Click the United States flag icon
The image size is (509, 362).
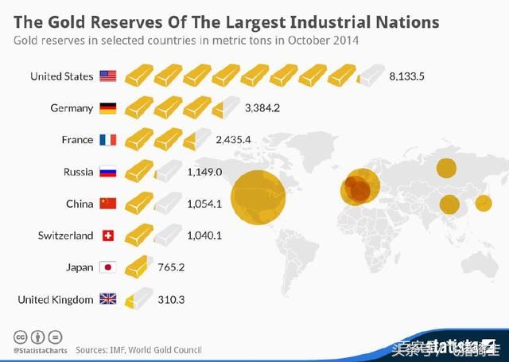[x=107, y=76]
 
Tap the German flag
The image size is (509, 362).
[x=107, y=108]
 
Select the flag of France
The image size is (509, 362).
[x=107, y=140]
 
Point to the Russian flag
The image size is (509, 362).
[x=107, y=172]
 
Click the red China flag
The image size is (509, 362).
[x=107, y=204]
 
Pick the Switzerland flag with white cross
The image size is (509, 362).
[x=107, y=235]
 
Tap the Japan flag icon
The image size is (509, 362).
[x=107, y=267]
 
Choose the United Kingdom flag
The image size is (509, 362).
[x=107, y=299]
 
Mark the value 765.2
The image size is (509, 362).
[x=170, y=267]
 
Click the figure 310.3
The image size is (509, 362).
[x=170, y=299]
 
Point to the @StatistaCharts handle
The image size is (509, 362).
[x=38, y=350]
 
